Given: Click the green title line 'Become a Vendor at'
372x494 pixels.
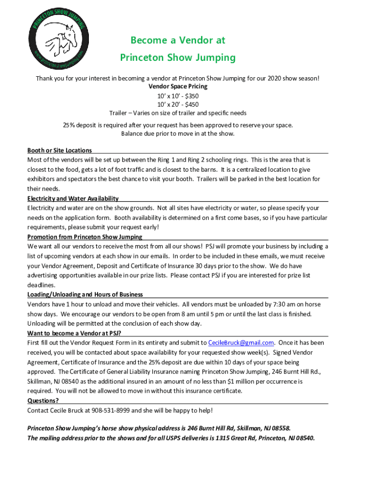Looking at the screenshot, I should tap(177, 40).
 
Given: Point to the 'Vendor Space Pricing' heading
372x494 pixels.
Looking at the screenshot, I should tap(177, 86).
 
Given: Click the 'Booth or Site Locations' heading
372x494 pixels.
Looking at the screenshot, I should tap(59, 151).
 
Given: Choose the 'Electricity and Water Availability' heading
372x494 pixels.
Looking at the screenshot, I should tap(73, 198).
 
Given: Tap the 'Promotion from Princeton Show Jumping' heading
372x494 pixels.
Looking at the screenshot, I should tap(85, 237).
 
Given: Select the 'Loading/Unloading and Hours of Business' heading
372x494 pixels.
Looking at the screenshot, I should tap(85, 295).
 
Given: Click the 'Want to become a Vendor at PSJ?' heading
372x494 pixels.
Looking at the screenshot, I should tap(74, 333).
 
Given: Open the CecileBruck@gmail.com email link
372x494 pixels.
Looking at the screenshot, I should tap(241, 343).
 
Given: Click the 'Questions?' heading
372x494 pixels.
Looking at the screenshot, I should tap(43, 401).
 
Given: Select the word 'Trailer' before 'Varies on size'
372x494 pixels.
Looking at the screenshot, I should tap(119, 113).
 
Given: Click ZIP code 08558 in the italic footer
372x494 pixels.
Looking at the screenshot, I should tap(280, 428).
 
